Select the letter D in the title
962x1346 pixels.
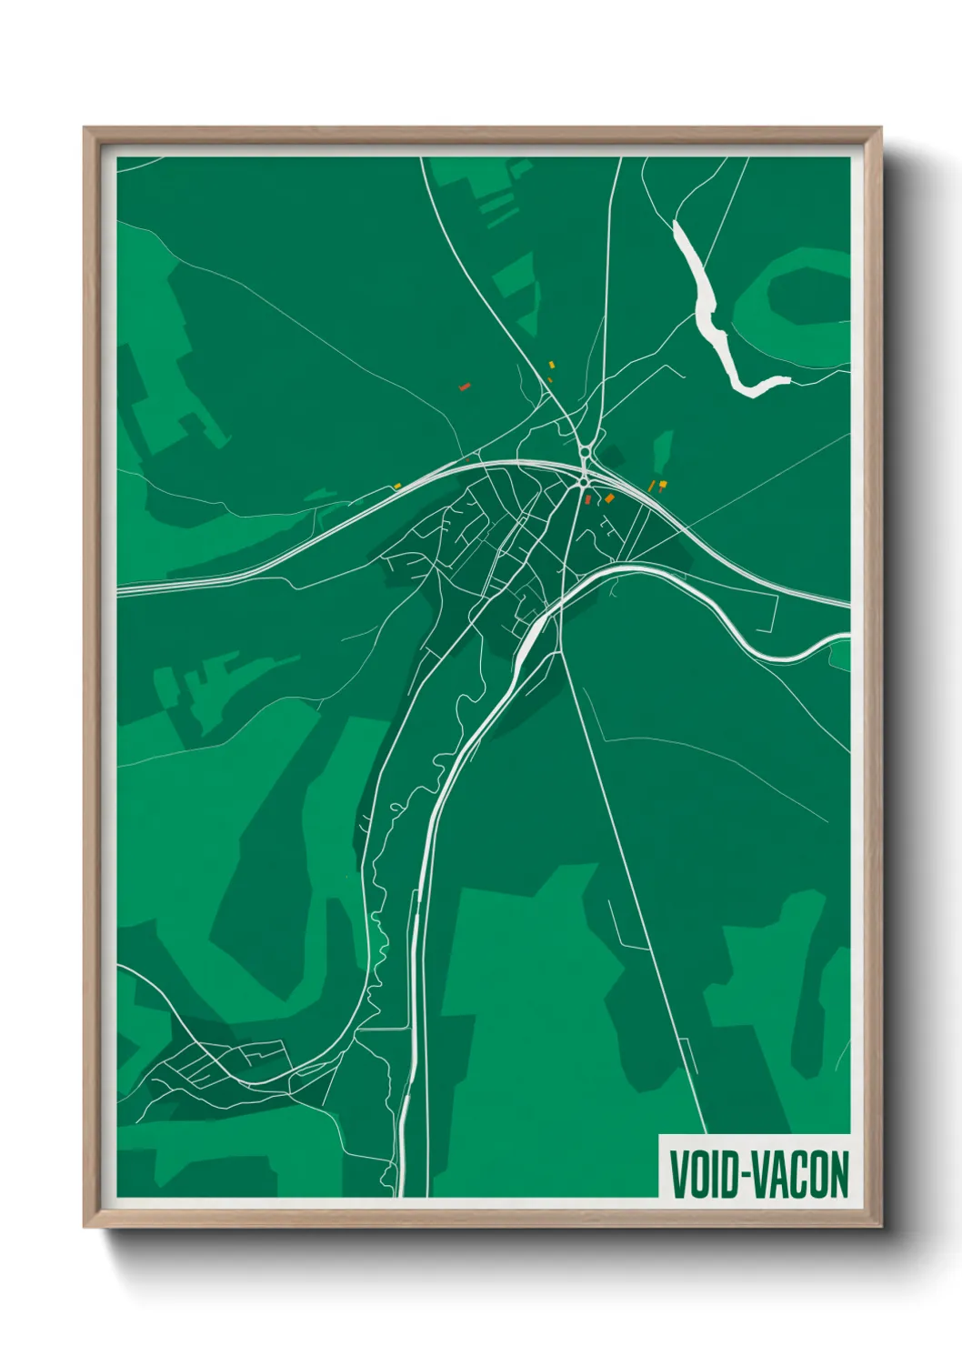click(731, 1175)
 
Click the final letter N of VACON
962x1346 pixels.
click(838, 1175)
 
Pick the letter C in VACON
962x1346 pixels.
click(800, 1175)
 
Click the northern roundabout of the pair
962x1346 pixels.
click(584, 451)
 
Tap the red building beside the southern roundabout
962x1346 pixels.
click(588, 499)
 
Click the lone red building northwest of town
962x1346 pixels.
click(464, 387)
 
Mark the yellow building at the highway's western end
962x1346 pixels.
click(397, 486)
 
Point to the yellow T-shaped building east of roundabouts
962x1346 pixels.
click(663, 483)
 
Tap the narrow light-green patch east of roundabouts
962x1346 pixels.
click(663, 449)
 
